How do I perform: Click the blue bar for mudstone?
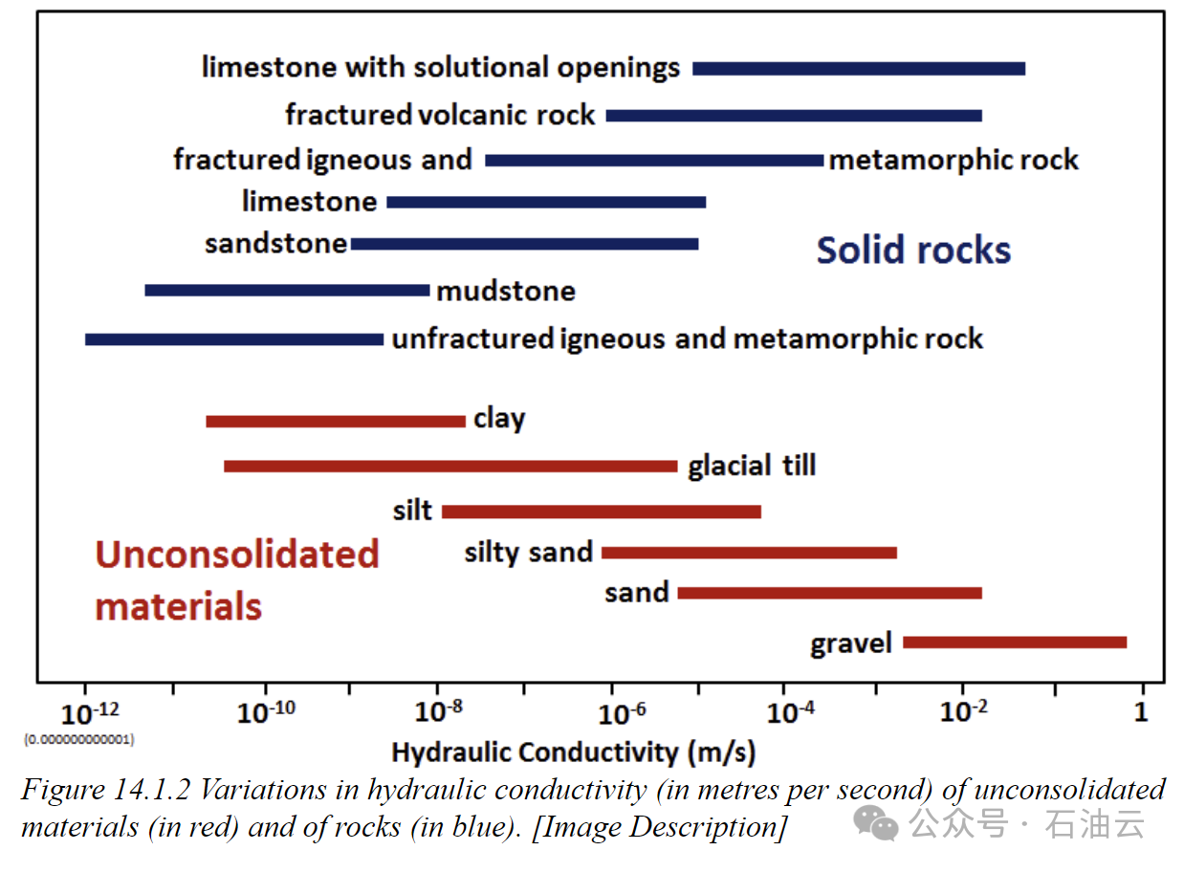[287, 290]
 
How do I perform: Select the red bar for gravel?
[1014, 643]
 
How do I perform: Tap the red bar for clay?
[335, 421]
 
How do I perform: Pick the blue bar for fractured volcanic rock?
[794, 116]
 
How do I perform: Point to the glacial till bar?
[449, 467]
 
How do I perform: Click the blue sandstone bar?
[524, 244]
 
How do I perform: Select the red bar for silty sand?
[749, 553]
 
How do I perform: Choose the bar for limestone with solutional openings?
[858, 69]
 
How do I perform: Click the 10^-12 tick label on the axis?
[91, 713]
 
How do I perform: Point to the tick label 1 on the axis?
[1140, 713]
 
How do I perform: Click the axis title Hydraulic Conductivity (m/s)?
[574, 752]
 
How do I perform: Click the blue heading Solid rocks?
[913, 251]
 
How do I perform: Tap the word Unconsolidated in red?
[237, 555]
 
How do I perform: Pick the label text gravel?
[850, 643]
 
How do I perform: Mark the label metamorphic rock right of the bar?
[954, 160]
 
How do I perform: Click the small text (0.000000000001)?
[78, 739]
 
